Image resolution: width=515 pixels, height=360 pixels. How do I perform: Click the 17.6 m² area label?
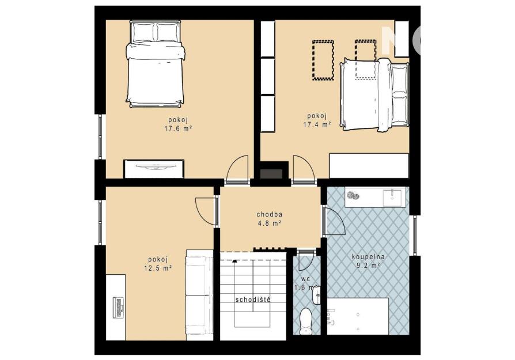178,129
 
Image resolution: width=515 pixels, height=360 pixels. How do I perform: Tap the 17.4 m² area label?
317,125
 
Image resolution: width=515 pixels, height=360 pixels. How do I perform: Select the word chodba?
270,214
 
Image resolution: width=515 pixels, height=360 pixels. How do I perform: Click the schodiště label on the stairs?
253,300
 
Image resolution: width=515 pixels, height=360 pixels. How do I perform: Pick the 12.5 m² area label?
158,268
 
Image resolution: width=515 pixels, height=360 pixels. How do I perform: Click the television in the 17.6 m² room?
154,167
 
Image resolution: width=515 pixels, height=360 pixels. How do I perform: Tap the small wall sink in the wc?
317,295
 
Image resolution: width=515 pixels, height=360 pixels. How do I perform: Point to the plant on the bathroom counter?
353,195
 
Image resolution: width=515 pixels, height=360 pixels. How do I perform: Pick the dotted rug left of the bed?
323,60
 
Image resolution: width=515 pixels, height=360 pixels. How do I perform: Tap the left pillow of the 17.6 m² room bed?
143,32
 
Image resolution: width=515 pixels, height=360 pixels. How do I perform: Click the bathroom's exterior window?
415,235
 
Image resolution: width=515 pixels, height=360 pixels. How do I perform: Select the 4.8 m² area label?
270,223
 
